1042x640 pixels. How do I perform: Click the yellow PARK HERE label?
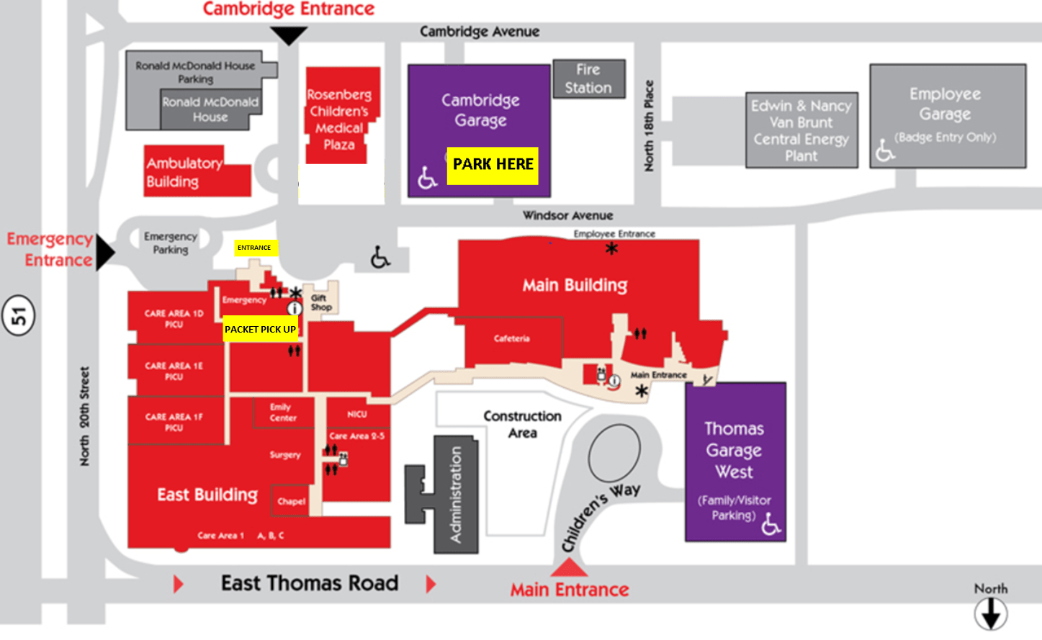(493, 165)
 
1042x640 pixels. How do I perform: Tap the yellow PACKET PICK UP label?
(260, 329)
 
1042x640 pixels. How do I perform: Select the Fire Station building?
(588, 78)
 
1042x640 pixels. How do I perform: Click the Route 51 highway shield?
(18, 315)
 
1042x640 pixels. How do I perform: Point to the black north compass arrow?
(991, 614)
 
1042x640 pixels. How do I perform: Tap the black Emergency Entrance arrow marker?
(105, 252)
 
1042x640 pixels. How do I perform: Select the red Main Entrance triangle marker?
(569, 568)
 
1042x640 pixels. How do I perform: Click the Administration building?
(454, 495)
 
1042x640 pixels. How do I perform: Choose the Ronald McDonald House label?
(210, 109)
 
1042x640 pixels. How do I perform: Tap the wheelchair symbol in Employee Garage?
(884, 150)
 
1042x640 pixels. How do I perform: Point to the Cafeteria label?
(512, 338)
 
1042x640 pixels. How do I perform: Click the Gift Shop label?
(320, 302)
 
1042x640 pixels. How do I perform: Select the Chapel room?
(291, 501)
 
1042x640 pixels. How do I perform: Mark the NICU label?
(357, 414)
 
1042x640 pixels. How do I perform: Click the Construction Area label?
(522, 425)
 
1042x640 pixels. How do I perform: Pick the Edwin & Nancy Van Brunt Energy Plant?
(801, 130)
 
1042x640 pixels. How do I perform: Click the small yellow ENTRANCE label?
(254, 248)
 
